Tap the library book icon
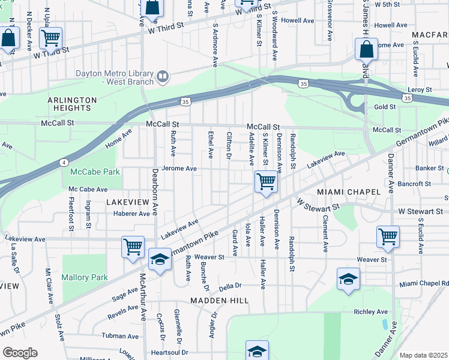[x=162, y=76]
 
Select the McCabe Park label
[x=95, y=172]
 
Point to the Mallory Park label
[x=85, y=277]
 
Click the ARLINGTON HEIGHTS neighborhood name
[x=72, y=104]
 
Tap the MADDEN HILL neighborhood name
[x=219, y=300]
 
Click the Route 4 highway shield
[x=64, y=162]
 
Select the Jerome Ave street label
[x=178, y=169]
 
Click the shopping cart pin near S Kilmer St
[x=265, y=181]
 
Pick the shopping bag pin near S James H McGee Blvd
[x=366, y=49]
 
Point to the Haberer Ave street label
[x=127, y=214]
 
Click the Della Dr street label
[x=229, y=286]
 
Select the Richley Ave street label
[x=371, y=312]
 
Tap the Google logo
[x=19, y=353]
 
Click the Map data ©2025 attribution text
[x=423, y=355]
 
